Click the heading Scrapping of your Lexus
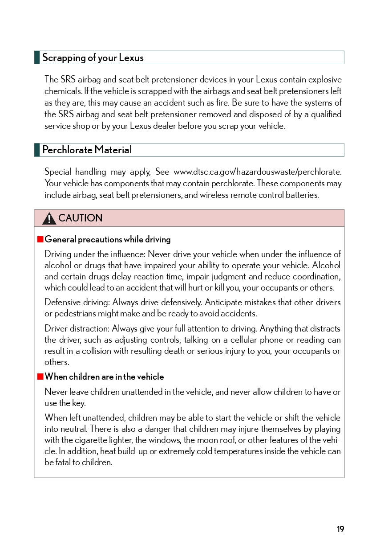[93, 57]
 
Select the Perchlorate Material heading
[87, 150]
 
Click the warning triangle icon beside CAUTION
[49, 218]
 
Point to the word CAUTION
[80, 218]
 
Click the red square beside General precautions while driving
[40, 239]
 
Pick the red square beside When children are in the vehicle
[40, 377]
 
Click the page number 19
[340, 529]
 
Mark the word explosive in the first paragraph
[324, 80]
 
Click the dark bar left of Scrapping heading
[37, 57]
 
